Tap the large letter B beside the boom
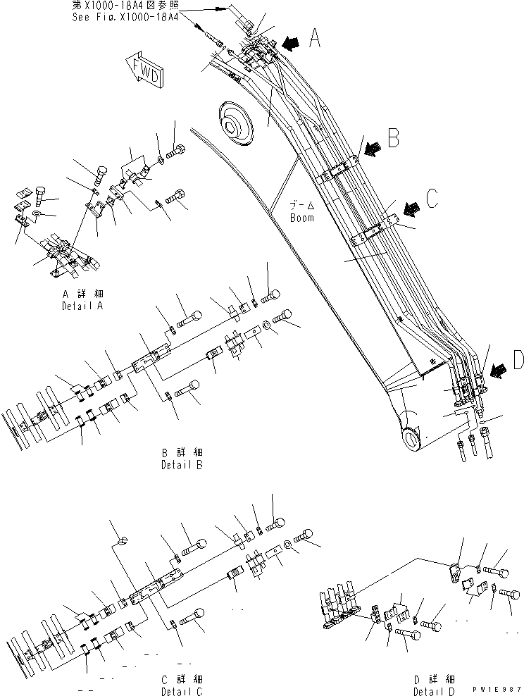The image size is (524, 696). click(393, 137)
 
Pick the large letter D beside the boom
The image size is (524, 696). click(517, 361)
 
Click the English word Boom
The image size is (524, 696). click(301, 218)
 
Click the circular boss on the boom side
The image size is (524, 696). click(235, 124)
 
